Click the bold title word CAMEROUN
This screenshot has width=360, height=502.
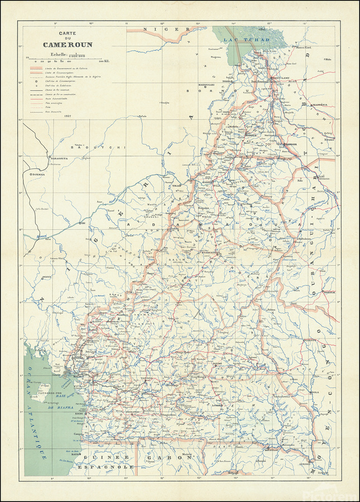coord(68,45)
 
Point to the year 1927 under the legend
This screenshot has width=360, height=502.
coord(68,115)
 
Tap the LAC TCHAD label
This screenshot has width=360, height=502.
coord(246,40)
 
